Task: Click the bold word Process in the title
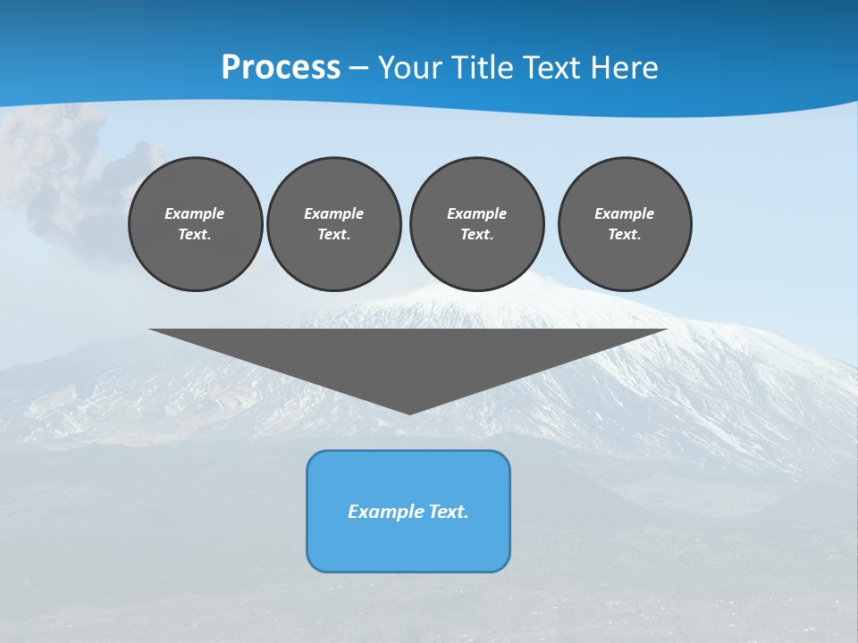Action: point(281,68)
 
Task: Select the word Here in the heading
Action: point(625,68)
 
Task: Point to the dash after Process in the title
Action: point(359,69)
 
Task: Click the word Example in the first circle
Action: point(195,213)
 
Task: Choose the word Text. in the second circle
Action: point(333,234)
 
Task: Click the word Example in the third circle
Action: point(476,213)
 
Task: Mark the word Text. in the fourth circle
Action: point(625,234)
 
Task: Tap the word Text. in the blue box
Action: point(449,512)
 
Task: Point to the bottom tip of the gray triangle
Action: point(409,412)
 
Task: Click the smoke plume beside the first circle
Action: point(63,170)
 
